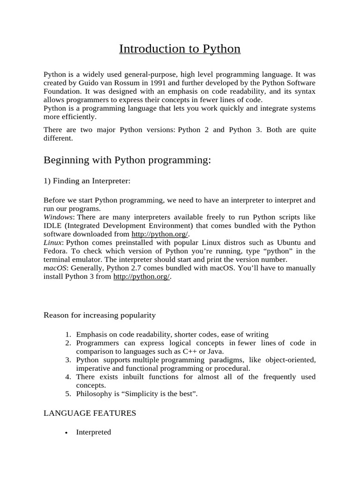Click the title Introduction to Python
click(180, 49)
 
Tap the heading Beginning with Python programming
click(127, 160)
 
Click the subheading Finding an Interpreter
click(87, 180)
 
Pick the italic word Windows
click(58, 217)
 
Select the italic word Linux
click(52, 242)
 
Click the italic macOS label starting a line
click(55, 268)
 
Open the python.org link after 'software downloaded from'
click(160, 234)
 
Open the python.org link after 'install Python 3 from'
click(142, 277)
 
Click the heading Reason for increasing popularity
click(99, 315)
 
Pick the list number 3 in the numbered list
click(68, 360)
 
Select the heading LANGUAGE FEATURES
click(90, 413)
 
